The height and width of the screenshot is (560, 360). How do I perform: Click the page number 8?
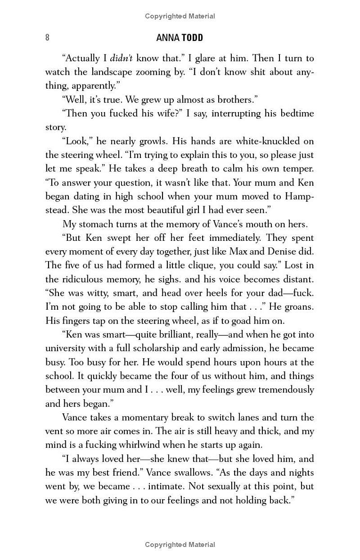(47, 38)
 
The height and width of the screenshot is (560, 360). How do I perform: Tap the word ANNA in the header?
(167, 38)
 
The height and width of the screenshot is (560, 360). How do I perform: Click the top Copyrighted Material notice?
(180, 16)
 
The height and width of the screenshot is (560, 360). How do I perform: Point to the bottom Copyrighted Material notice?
(180, 545)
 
